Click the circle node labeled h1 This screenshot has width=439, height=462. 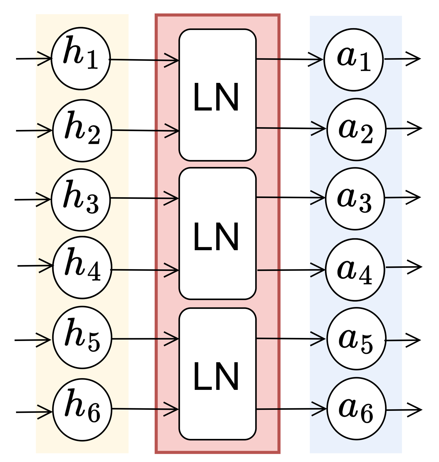(x=81, y=59)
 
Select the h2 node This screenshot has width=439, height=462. (x=82, y=131)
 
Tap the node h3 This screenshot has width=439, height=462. (x=81, y=200)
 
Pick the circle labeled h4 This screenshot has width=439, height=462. (x=82, y=268)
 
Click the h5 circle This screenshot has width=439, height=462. (x=82, y=338)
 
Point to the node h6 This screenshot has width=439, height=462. (x=82, y=410)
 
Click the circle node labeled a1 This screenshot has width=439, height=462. (x=354, y=60)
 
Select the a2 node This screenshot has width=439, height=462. (x=356, y=129)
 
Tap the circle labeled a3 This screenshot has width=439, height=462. (x=355, y=199)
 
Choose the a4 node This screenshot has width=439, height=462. (x=355, y=270)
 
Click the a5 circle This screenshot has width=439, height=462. (x=356, y=339)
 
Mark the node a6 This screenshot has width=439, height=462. (x=356, y=409)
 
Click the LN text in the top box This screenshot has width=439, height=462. (x=216, y=97)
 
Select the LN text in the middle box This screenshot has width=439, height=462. (x=216, y=237)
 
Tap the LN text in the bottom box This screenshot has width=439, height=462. (x=216, y=377)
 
